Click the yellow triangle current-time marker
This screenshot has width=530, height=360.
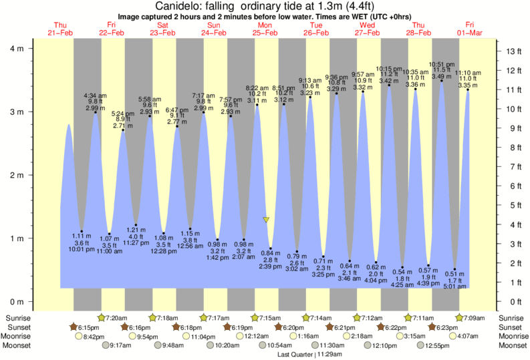[266, 220]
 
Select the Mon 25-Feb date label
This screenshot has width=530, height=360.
[265, 29]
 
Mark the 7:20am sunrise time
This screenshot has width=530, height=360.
[116, 317]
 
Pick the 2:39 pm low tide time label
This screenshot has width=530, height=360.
[271, 266]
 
